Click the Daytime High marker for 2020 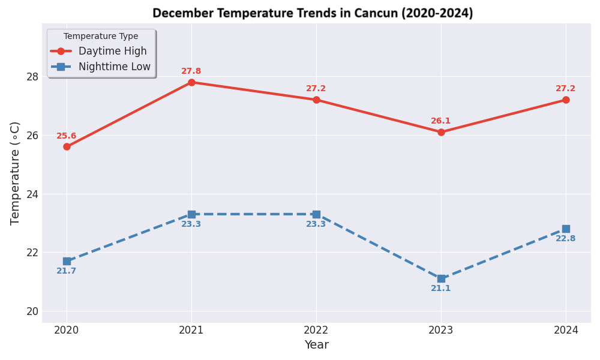pos(67,146)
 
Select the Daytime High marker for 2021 pos(191,82)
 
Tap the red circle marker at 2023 pos(441,132)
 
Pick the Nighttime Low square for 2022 pos(316,214)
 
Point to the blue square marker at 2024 pos(566,229)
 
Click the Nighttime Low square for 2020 pos(67,261)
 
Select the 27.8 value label pos(191,71)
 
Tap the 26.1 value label pos(441,121)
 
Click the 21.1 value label pos(441,289)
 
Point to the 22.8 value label pos(566,239)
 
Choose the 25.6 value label pos(67,136)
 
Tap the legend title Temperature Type pos(101,37)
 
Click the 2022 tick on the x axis pos(316,330)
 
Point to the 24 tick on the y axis pos(32,194)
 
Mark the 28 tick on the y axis pos(32,77)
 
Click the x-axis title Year pos(316,345)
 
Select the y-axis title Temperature pos(16,173)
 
